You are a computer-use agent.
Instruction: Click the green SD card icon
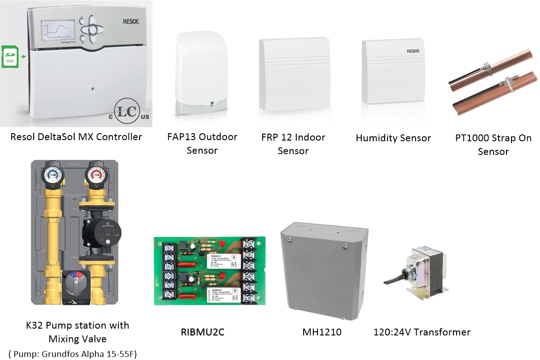[9, 56]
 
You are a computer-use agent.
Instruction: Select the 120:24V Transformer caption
[422, 332]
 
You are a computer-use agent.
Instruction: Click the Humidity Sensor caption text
[393, 138]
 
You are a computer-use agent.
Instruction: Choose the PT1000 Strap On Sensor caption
[493, 144]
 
